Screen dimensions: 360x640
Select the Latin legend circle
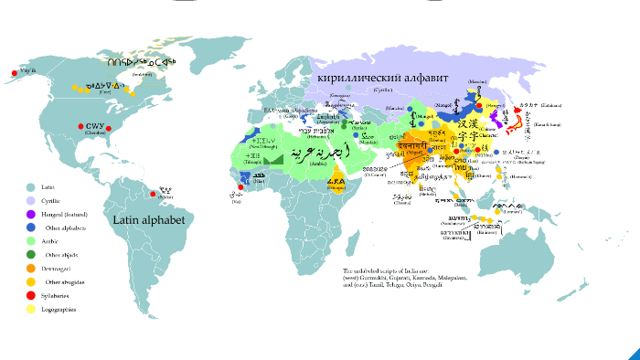click(30, 186)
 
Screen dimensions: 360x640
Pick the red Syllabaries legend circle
click(30, 296)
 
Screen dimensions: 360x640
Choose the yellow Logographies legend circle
click(30, 310)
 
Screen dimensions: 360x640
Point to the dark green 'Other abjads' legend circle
click(30, 255)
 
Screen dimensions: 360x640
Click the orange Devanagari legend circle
click(30, 269)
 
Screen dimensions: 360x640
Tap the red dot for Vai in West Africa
click(240, 189)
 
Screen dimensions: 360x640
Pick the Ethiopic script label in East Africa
click(336, 181)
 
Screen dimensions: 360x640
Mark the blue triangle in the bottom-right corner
click(632, 352)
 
